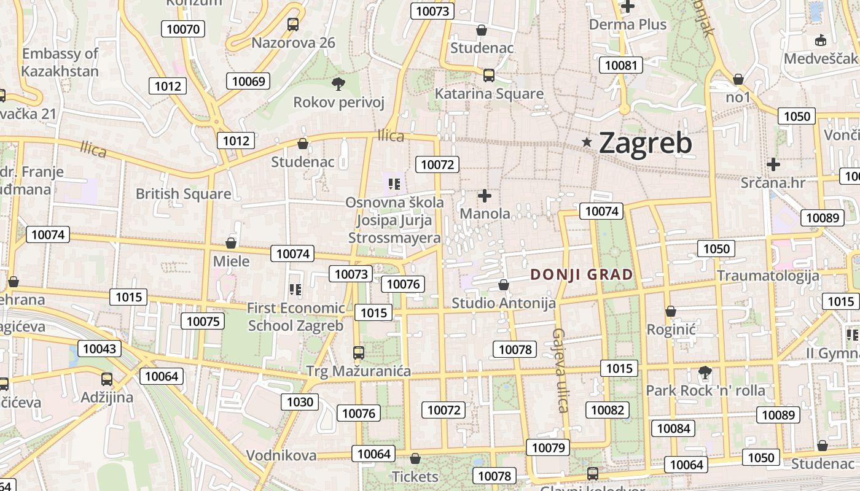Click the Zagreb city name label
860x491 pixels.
pyautogui.click(x=645, y=144)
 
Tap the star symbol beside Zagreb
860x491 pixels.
pyautogui.click(x=587, y=142)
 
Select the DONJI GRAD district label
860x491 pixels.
pyautogui.click(x=581, y=274)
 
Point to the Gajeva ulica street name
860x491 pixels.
pyautogui.click(x=559, y=370)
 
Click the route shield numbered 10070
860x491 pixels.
pyautogui.click(x=182, y=29)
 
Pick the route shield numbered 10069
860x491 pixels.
pyautogui.click(x=249, y=81)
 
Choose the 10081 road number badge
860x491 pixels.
pyautogui.click(x=621, y=65)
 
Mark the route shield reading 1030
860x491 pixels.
pyautogui.click(x=300, y=402)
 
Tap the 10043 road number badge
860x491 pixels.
pyautogui.click(x=99, y=349)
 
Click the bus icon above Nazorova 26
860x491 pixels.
pyautogui.click(x=293, y=25)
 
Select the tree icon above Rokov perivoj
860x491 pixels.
pyautogui.click(x=338, y=84)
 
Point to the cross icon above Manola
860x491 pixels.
pyautogui.click(x=485, y=196)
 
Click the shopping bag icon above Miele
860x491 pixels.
pyautogui.click(x=231, y=243)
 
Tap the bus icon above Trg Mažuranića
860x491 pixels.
pyautogui.click(x=359, y=353)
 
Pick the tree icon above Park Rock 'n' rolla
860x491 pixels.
pyautogui.click(x=705, y=372)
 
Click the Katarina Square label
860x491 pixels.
pyautogui.click(x=489, y=94)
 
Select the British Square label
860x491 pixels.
pyautogui.click(x=183, y=194)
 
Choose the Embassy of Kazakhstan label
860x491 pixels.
pyautogui.click(x=60, y=63)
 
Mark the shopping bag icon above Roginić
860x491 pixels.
pyautogui.click(x=671, y=312)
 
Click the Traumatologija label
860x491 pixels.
pyautogui.click(x=768, y=276)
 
